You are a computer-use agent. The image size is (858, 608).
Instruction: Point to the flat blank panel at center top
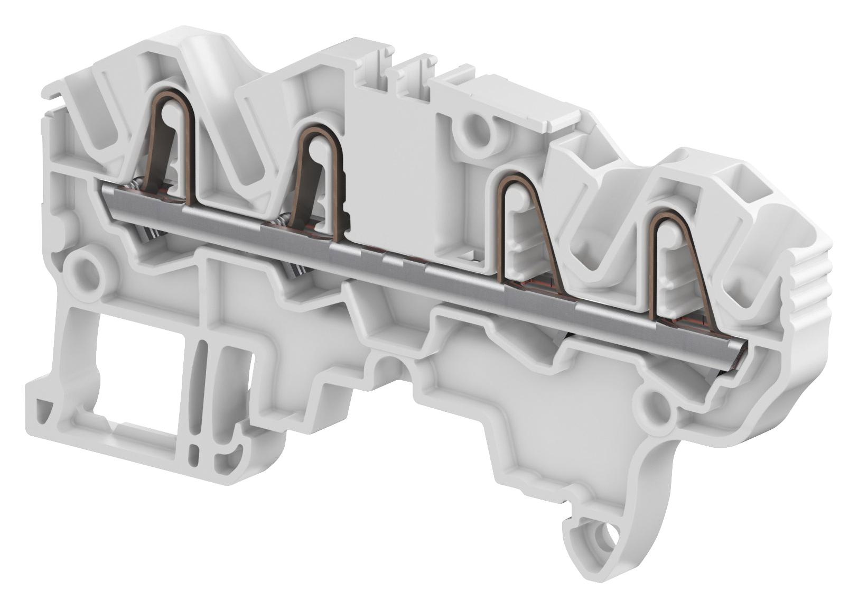pyautogui.click(x=391, y=159)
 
